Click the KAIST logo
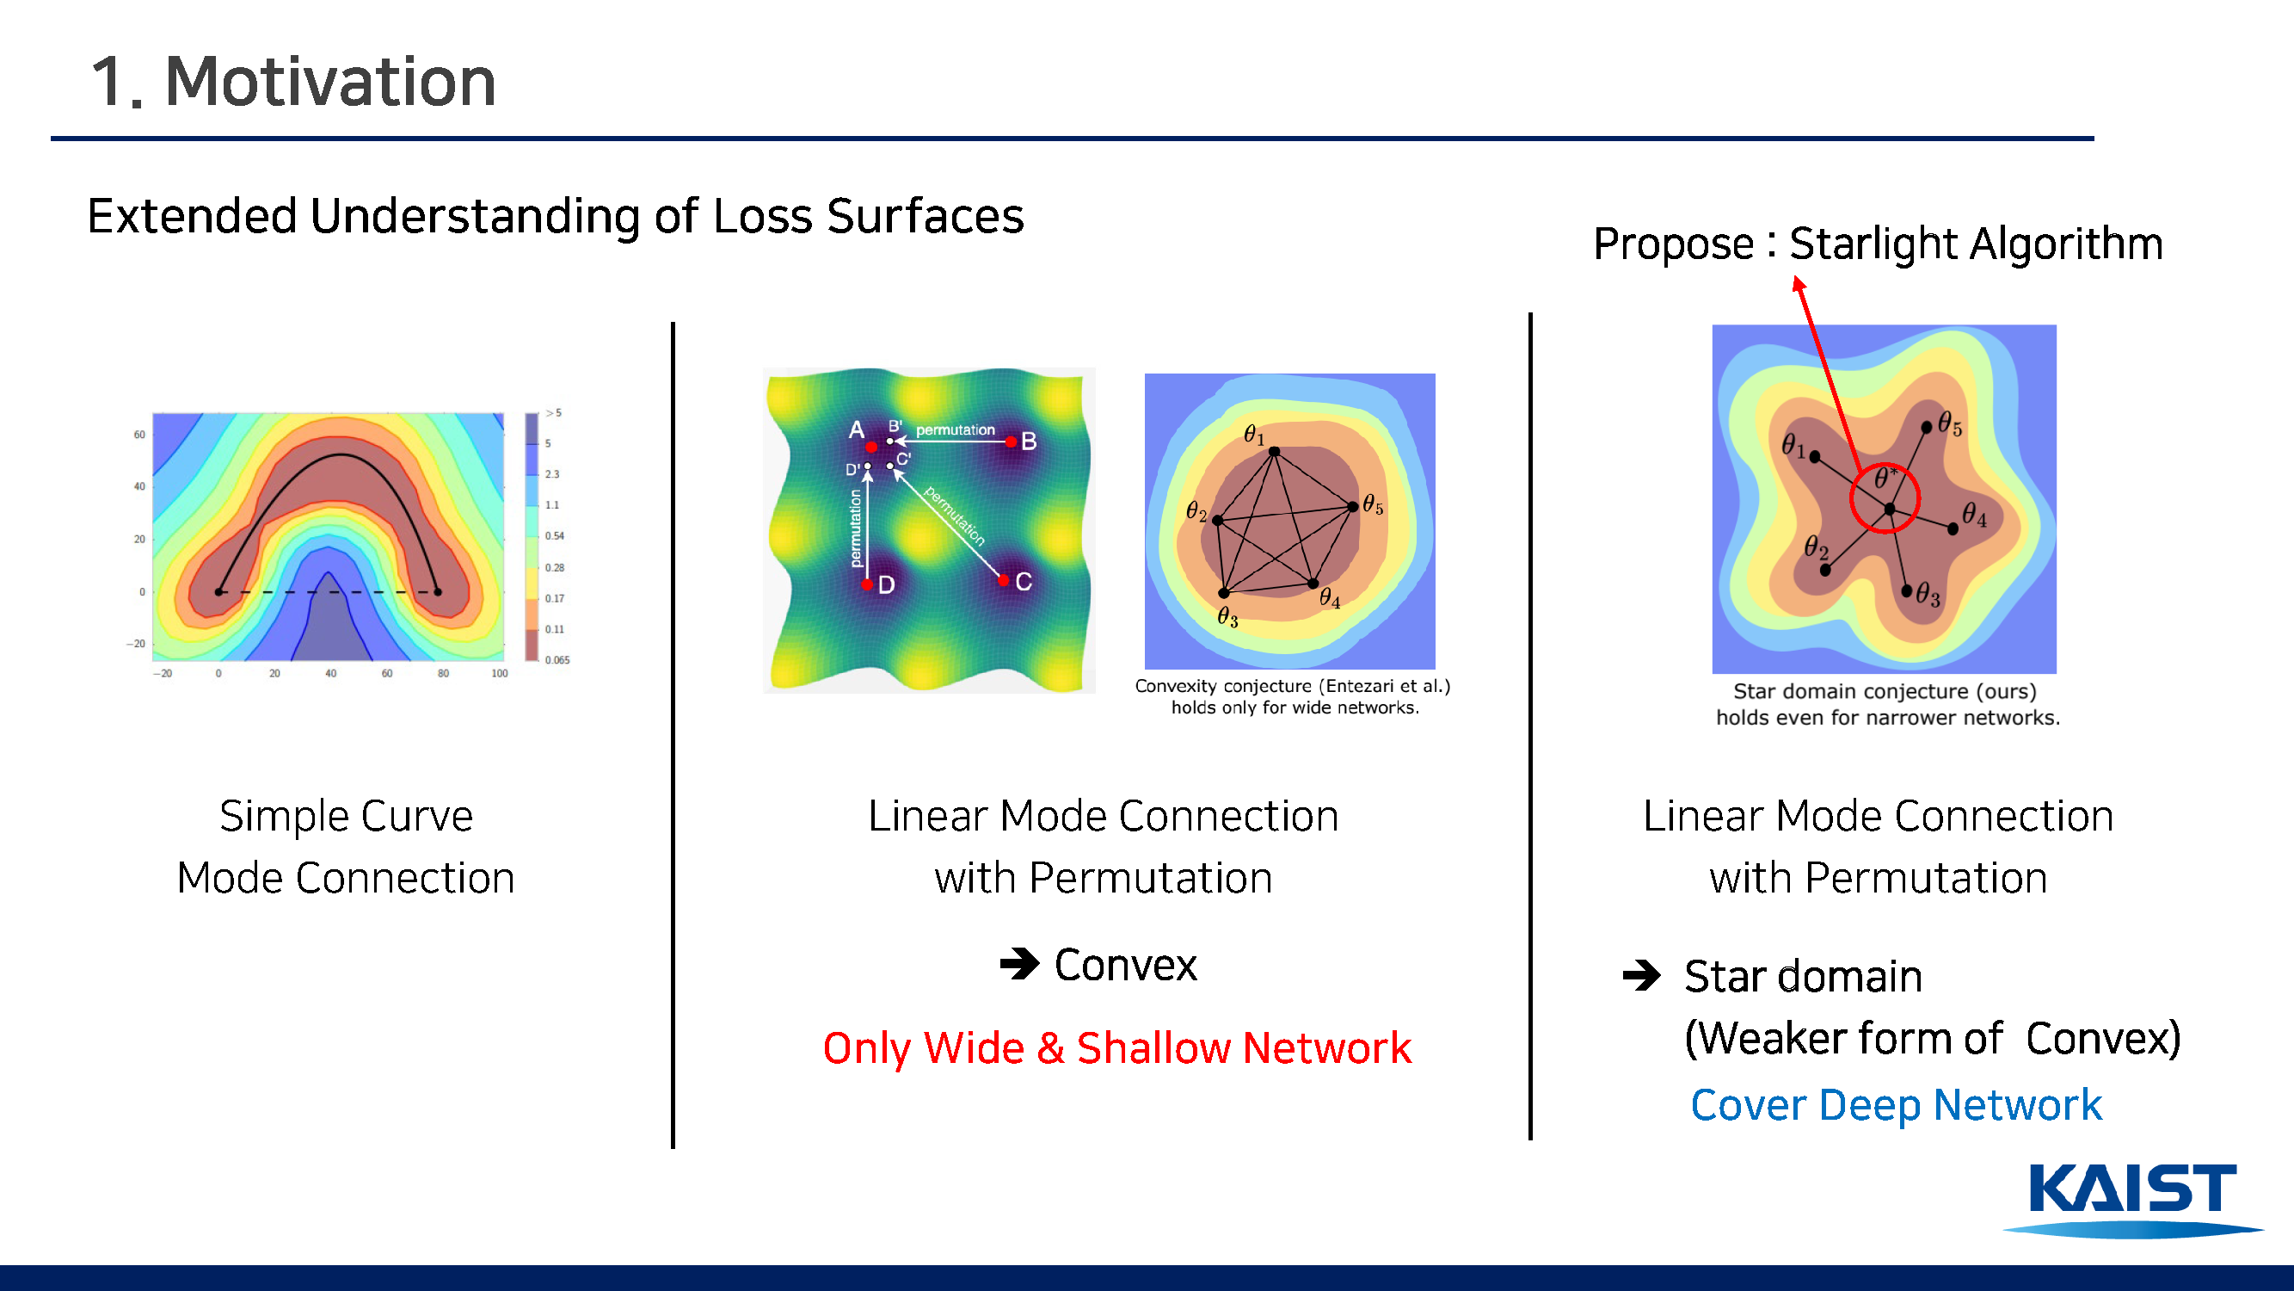[x=2133, y=1199]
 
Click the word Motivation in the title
[x=330, y=82]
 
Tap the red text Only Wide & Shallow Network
[x=1116, y=1047]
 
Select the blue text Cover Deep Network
[x=1896, y=1106]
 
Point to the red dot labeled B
[x=1011, y=441]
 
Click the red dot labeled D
[x=866, y=584]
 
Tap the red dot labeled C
[x=1004, y=580]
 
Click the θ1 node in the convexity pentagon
[x=1275, y=452]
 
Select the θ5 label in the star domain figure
[x=1950, y=424]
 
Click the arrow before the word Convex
[x=1019, y=963]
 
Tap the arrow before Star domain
[x=1641, y=976]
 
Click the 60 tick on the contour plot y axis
[x=139, y=435]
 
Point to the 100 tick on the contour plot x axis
[x=500, y=674]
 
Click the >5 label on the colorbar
[x=553, y=412]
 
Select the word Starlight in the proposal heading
[x=1873, y=244]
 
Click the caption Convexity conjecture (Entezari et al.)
[x=1292, y=686]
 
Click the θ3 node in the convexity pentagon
[x=1224, y=592]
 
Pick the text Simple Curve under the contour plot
[x=346, y=816]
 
